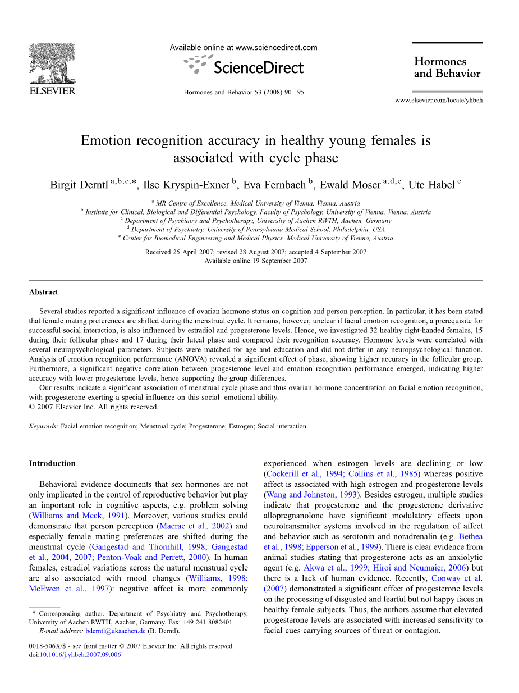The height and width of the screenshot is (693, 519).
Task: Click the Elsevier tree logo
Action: coord(52,63)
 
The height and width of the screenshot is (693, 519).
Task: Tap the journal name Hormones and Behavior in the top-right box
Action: coord(447,67)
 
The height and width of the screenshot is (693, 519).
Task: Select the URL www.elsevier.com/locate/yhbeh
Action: coord(438,101)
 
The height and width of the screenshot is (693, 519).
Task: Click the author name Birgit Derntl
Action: coord(80,185)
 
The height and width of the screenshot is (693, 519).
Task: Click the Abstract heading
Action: coord(44,292)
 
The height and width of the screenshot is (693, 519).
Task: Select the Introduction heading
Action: coord(52,463)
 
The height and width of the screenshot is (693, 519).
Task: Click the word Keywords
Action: coord(43,426)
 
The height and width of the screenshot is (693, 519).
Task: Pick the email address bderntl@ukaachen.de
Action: coord(116,631)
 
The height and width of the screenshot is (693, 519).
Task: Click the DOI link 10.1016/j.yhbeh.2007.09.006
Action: coord(80,655)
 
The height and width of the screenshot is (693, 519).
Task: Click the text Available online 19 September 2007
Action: coord(256,261)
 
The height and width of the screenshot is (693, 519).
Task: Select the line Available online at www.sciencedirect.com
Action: coord(244,48)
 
